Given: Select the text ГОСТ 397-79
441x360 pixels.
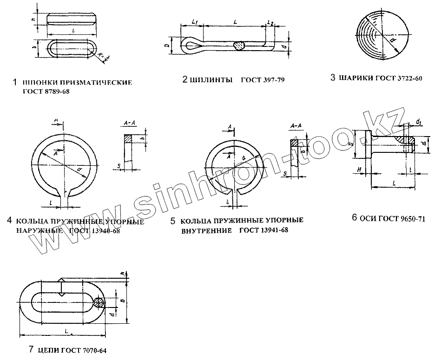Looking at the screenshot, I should point(263,80).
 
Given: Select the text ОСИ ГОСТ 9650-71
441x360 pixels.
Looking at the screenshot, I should point(392,218).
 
